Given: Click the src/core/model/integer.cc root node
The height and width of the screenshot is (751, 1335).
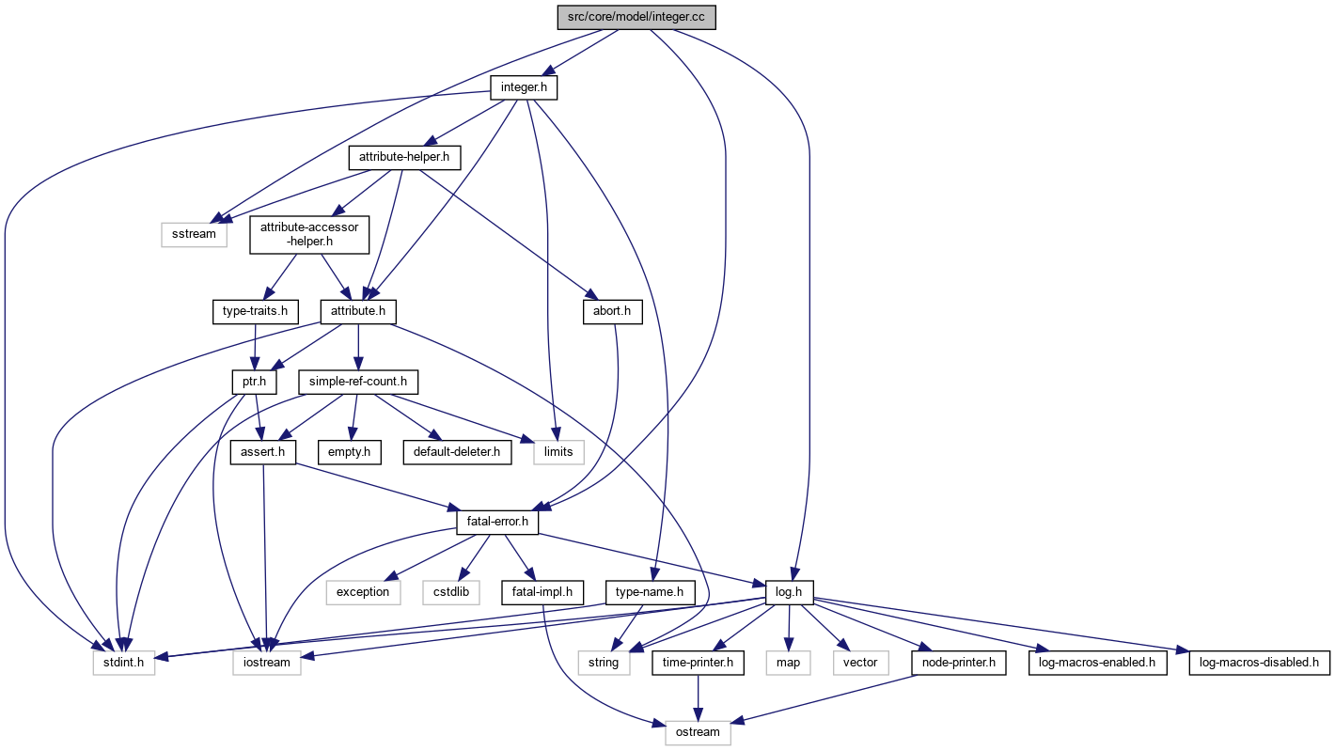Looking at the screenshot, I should point(636,18).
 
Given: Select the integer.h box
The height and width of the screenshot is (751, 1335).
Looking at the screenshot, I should point(524,88).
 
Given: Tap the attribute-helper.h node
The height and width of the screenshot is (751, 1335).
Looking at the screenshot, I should point(404,158).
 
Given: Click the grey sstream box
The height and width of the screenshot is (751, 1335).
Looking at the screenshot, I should point(195,233).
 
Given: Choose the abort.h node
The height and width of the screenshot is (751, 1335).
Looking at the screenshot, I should point(612,311).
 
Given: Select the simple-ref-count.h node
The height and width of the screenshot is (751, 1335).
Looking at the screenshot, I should point(357,382).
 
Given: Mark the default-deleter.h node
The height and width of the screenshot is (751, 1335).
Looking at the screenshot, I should point(457,452).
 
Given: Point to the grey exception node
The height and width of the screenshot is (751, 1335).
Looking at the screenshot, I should point(363,592).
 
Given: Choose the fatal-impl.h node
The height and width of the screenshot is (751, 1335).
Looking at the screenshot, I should point(544,592).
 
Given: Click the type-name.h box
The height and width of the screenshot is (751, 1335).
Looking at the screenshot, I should point(649,592).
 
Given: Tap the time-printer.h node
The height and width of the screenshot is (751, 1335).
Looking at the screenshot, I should point(699,663).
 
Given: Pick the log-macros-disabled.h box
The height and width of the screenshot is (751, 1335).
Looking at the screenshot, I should point(1260,663).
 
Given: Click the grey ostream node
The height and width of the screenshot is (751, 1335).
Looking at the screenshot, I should point(698,732).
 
